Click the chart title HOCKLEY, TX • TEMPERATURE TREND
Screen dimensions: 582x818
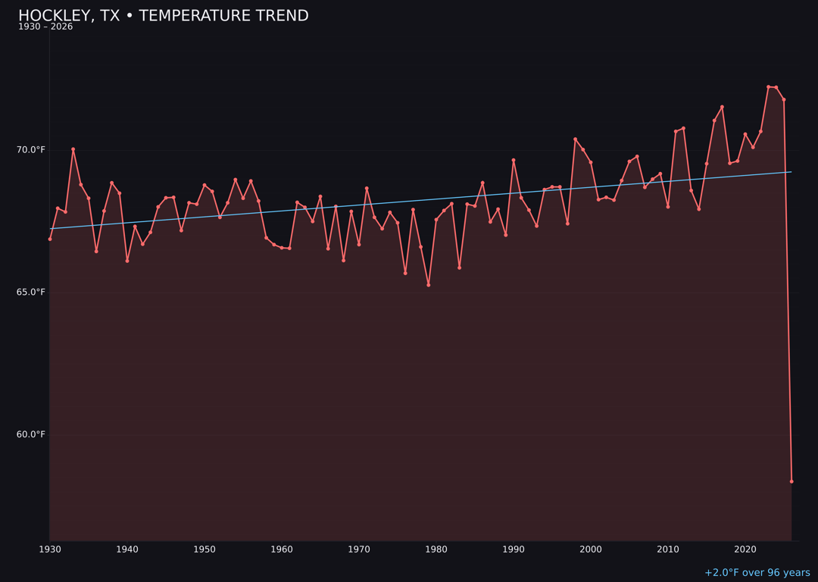(x=163, y=16)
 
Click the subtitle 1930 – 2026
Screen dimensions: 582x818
(x=45, y=27)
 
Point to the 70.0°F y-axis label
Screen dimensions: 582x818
(x=31, y=150)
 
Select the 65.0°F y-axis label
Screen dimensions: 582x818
(x=31, y=293)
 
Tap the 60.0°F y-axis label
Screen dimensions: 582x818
(x=31, y=435)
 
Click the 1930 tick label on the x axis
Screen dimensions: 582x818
(x=50, y=549)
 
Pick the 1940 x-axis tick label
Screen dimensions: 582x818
(x=127, y=549)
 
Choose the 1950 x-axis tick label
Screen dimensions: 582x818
(x=204, y=549)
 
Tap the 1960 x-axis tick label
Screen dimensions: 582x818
(x=282, y=549)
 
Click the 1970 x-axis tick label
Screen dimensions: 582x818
(x=359, y=549)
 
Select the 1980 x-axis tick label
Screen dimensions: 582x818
(x=436, y=549)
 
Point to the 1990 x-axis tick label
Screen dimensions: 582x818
(x=514, y=549)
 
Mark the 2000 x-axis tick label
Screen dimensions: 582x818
(x=591, y=549)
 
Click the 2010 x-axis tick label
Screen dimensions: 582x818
(x=668, y=549)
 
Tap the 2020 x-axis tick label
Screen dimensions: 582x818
(x=745, y=549)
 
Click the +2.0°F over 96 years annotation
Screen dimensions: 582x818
(x=757, y=573)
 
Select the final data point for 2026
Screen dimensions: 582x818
(x=791, y=481)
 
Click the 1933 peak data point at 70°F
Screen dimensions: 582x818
(x=73, y=149)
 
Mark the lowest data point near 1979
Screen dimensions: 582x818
(x=429, y=285)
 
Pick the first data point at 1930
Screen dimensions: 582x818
(x=50, y=239)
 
